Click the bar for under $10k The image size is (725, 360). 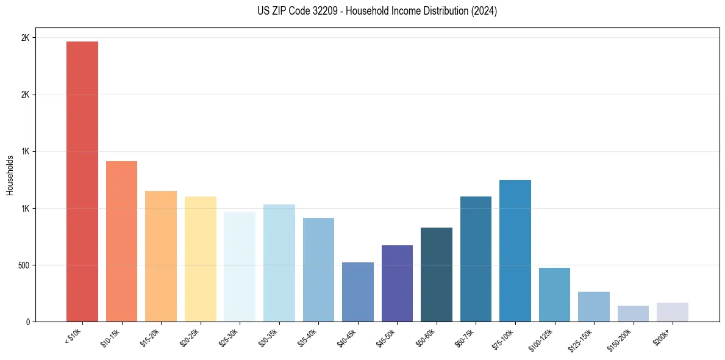[82, 181]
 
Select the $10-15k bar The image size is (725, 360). [121, 241]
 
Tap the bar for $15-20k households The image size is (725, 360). [161, 256]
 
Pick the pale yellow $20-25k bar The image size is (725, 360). [200, 259]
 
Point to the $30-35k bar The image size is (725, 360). [279, 263]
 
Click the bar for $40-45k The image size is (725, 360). [357, 292]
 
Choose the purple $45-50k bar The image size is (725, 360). [397, 283]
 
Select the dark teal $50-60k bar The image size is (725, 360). [437, 275]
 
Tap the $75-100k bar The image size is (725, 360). [515, 251]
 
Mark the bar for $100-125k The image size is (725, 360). [554, 295]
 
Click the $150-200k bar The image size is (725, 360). [633, 314]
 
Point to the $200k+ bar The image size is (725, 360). [673, 312]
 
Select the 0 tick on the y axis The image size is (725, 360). [27, 322]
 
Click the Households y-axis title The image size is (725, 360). [10, 175]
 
